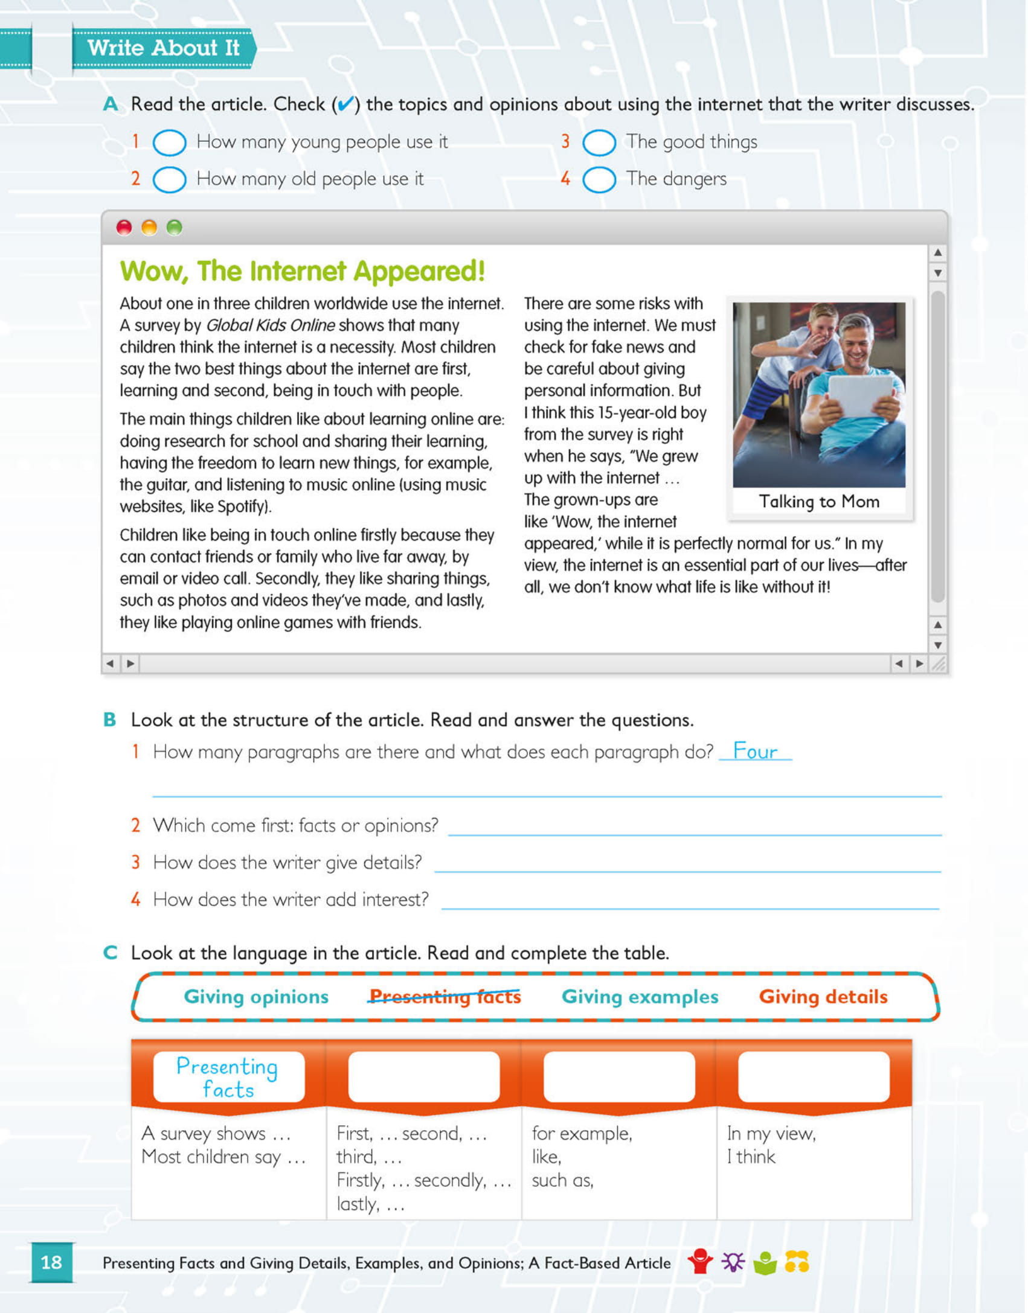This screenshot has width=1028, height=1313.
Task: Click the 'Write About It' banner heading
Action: point(163,48)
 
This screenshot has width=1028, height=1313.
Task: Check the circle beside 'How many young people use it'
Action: point(169,143)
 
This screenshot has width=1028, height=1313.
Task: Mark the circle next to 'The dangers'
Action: point(599,180)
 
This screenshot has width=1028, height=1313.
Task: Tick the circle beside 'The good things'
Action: point(599,143)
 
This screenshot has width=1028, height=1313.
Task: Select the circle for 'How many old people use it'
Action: point(169,180)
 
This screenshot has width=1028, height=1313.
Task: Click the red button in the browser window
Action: point(124,228)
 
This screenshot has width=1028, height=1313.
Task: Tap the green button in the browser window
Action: point(174,228)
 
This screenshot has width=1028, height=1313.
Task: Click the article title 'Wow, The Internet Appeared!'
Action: point(302,271)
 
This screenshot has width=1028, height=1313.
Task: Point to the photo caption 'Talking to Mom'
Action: point(818,502)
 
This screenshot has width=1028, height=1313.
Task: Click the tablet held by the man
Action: point(860,395)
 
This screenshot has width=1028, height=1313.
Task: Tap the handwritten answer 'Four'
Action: point(754,752)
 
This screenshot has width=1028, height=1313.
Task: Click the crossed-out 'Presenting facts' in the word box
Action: point(445,997)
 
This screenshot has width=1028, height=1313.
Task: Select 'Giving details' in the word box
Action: point(823,997)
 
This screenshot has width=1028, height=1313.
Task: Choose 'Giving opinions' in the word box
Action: point(256,997)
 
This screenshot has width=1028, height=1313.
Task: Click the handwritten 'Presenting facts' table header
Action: point(228,1078)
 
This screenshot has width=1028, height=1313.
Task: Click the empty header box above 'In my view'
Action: point(813,1076)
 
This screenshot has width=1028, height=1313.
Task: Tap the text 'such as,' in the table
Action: point(562,1181)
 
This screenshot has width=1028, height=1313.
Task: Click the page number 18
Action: point(51,1262)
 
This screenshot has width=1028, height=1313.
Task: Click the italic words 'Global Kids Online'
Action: point(270,325)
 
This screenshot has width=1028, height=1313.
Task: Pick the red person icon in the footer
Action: point(700,1261)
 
